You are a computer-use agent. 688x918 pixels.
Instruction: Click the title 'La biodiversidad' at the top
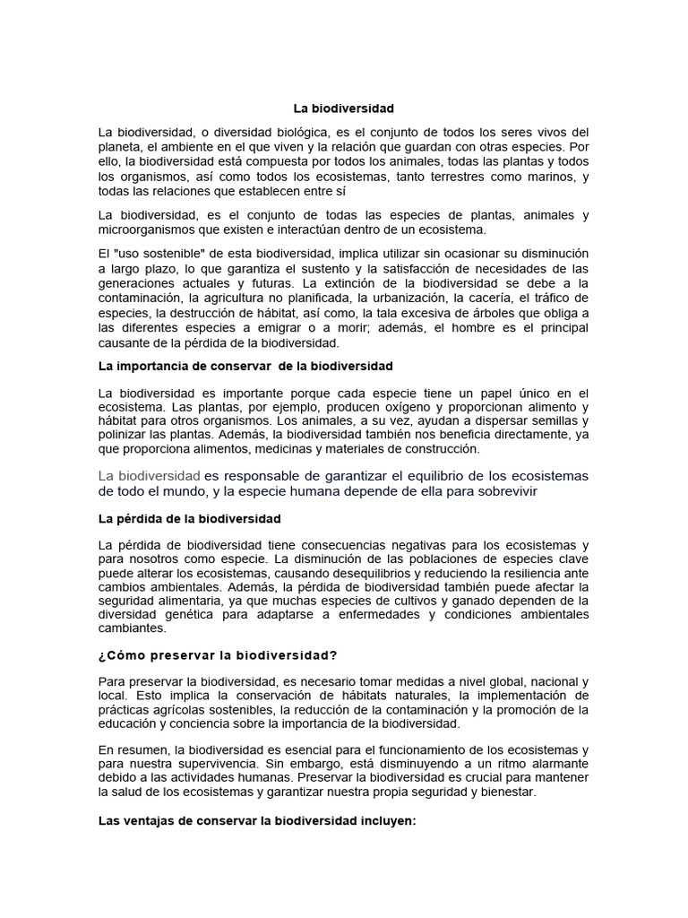tap(344, 108)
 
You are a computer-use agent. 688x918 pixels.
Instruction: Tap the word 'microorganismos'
tap(143, 229)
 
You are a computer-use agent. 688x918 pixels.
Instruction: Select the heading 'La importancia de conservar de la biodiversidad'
tap(245, 366)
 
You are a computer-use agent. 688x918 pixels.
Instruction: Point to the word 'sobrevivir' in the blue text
tap(507, 492)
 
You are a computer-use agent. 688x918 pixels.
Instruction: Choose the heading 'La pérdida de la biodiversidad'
tap(189, 518)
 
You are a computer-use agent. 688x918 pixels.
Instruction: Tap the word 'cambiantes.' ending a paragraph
tap(132, 628)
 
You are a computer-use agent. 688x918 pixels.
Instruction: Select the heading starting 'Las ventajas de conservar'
tap(257, 818)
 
